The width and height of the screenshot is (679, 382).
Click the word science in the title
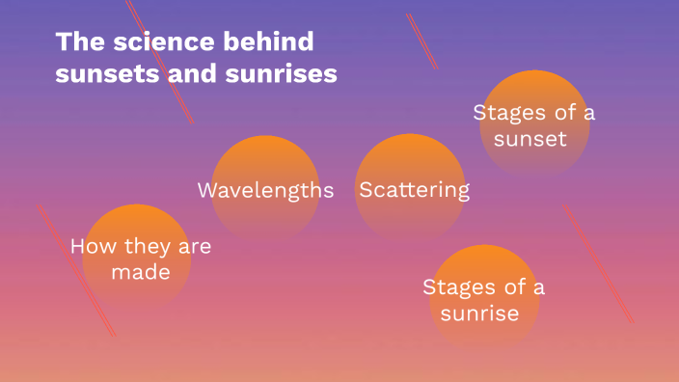point(150,42)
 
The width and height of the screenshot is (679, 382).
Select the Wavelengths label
point(265,190)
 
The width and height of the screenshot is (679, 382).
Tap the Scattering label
point(414,190)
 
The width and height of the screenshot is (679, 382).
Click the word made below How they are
point(140,273)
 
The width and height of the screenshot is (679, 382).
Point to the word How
point(92,247)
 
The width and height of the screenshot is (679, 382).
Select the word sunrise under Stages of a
point(479,314)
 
